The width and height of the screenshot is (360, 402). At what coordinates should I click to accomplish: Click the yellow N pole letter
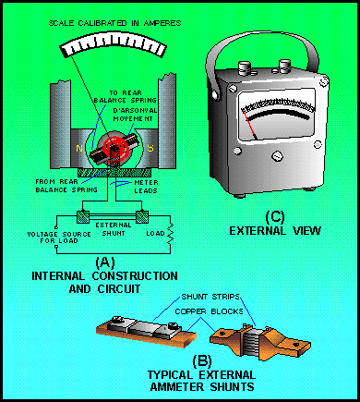[x=79, y=149]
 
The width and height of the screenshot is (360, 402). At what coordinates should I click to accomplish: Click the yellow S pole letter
[x=150, y=148]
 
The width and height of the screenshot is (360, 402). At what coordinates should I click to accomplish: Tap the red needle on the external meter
[x=249, y=124]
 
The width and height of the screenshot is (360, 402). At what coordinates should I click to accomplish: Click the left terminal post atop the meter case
[x=245, y=68]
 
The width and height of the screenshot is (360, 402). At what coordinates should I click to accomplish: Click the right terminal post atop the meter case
[x=284, y=67]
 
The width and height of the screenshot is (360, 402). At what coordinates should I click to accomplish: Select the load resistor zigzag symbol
[x=170, y=234]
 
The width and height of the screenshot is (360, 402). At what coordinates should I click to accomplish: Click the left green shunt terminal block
[x=83, y=216]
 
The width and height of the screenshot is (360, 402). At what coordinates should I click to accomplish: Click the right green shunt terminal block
[x=142, y=216]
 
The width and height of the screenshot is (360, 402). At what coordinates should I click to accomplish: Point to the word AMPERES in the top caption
[x=162, y=23]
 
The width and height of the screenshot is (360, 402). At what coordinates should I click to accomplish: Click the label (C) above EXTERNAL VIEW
[x=275, y=217]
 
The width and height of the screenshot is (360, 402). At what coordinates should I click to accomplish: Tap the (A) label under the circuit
[x=105, y=262]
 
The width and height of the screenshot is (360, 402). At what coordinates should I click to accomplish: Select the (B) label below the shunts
[x=202, y=361]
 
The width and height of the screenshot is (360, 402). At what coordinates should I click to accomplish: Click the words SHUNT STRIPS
[x=210, y=297]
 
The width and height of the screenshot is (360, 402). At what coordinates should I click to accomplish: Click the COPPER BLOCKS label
[x=209, y=311]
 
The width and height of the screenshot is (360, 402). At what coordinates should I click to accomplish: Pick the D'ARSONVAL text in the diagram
[x=135, y=110]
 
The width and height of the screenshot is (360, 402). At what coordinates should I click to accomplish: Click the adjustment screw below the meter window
[x=277, y=156]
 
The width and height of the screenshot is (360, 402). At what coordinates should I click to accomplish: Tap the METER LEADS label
[x=146, y=187]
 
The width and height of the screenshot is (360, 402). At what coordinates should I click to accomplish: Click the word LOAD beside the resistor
[x=155, y=234]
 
